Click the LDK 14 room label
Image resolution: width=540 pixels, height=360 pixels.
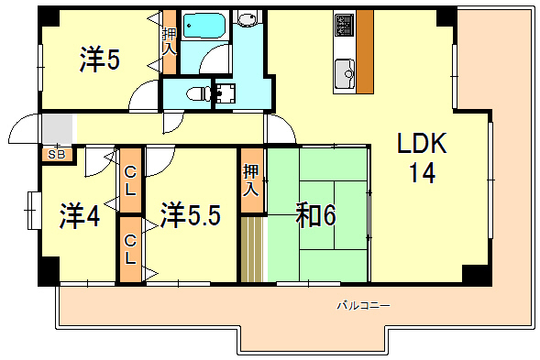[x=421, y=158]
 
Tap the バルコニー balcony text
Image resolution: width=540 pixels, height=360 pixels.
[x=363, y=305]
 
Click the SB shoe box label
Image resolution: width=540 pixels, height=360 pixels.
[x=57, y=155]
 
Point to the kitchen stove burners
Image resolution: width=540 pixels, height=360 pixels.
[x=345, y=25]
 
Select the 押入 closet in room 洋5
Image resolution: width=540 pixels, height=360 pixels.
[x=170, y=41]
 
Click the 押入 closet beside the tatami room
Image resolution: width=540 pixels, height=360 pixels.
[x=252, y=181]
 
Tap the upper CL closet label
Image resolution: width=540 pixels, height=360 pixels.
[x=130, y=180]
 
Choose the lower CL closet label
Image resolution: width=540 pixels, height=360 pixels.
[x=131, y=248]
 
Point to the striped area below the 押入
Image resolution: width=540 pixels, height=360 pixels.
[x=252, y=249]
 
